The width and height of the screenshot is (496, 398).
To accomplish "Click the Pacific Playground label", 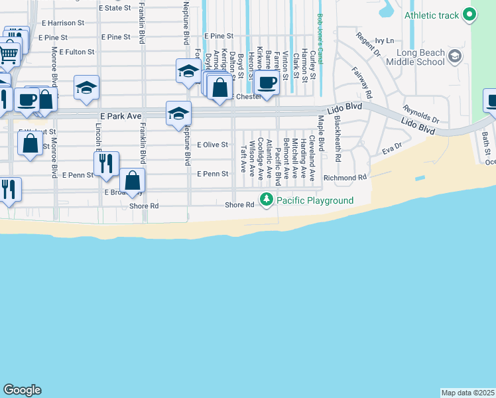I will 315,200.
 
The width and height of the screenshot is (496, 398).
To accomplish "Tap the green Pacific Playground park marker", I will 267,199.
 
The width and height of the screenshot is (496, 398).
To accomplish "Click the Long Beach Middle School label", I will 420,57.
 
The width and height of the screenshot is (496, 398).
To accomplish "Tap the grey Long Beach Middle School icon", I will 455,56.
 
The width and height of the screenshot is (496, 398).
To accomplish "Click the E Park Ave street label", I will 117,116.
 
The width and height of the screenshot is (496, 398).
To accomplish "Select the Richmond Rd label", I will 345,178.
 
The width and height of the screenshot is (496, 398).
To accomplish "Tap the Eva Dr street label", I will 392,149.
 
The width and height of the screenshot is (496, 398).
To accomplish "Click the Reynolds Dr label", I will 420,113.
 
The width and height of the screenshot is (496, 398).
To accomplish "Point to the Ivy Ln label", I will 384,40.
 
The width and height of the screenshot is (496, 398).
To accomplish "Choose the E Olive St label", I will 212,145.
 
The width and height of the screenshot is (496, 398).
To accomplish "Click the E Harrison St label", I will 62,23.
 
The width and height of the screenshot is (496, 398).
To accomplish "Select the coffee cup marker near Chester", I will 267,84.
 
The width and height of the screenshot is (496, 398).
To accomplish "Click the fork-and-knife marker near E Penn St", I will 106,165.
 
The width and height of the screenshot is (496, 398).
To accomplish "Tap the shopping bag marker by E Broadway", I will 133,180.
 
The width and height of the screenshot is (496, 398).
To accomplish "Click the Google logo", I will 22,390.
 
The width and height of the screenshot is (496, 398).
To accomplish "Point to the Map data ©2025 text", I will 467,393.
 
